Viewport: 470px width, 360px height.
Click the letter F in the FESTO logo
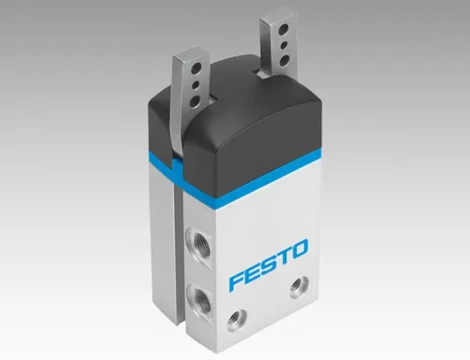point(236,280)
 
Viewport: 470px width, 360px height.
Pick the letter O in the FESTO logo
point(298,248)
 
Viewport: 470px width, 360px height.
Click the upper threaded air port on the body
point(196,242)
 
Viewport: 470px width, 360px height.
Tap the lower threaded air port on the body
point(196,294)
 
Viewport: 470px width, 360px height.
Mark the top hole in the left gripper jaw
point(198,67)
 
